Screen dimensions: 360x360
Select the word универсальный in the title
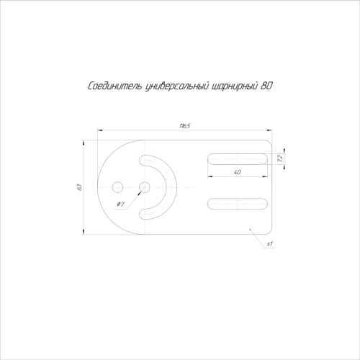[x=176, y=86]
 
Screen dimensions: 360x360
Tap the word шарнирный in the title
[x=233, y=86]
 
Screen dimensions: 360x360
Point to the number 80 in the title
[x=266, y=86]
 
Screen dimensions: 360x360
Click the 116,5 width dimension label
[x=185, y=126]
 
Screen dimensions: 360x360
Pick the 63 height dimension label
[x=80, y=187]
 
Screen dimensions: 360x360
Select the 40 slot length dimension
[x=237, y=172]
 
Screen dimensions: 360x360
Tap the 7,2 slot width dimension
[x=280, y=158]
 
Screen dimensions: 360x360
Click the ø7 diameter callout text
[x=120, y=204]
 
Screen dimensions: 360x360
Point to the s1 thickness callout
[x=270, y=244]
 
